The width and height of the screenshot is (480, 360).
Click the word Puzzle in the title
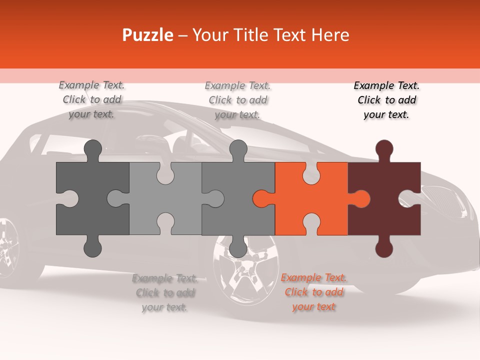pos(148,35)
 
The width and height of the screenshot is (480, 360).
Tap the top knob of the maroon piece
pos(384,150)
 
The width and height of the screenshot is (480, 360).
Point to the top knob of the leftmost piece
pos(92,150)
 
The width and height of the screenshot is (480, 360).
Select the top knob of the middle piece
pos(238,150)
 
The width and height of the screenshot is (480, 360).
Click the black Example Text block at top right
pos(386,100)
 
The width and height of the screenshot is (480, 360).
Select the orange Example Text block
pos(313,292)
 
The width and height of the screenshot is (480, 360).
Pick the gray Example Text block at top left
pos(91,100)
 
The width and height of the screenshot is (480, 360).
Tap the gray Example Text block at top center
pos(237,100)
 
